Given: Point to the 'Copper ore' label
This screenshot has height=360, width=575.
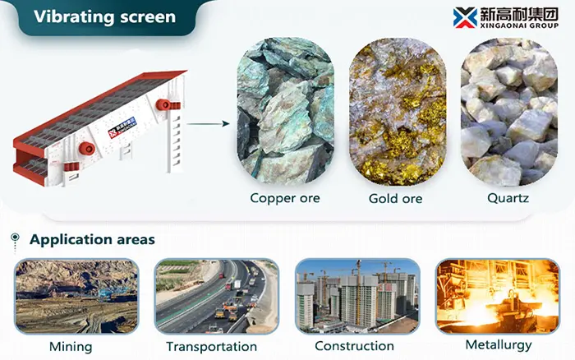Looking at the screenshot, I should (285, 198).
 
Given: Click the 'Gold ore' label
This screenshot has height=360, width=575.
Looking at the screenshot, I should (397, 198).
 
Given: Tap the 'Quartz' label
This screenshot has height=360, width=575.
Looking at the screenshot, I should (507, 198).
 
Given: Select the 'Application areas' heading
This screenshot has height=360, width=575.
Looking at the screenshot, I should (92, 240).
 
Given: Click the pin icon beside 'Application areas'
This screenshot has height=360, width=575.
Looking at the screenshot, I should (15, 240).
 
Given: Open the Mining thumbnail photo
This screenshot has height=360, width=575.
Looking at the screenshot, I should (76, 296).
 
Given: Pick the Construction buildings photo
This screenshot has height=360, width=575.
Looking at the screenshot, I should (356, 296).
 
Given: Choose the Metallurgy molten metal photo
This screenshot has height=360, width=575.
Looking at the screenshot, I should (498, 296).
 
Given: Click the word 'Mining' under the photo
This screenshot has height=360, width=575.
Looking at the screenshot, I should (71, 346).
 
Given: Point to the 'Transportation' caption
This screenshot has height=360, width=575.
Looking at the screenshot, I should (211, 347).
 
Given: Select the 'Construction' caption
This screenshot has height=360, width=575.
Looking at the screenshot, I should (354, 346).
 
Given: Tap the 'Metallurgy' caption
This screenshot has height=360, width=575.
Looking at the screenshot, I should (499, 344).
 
